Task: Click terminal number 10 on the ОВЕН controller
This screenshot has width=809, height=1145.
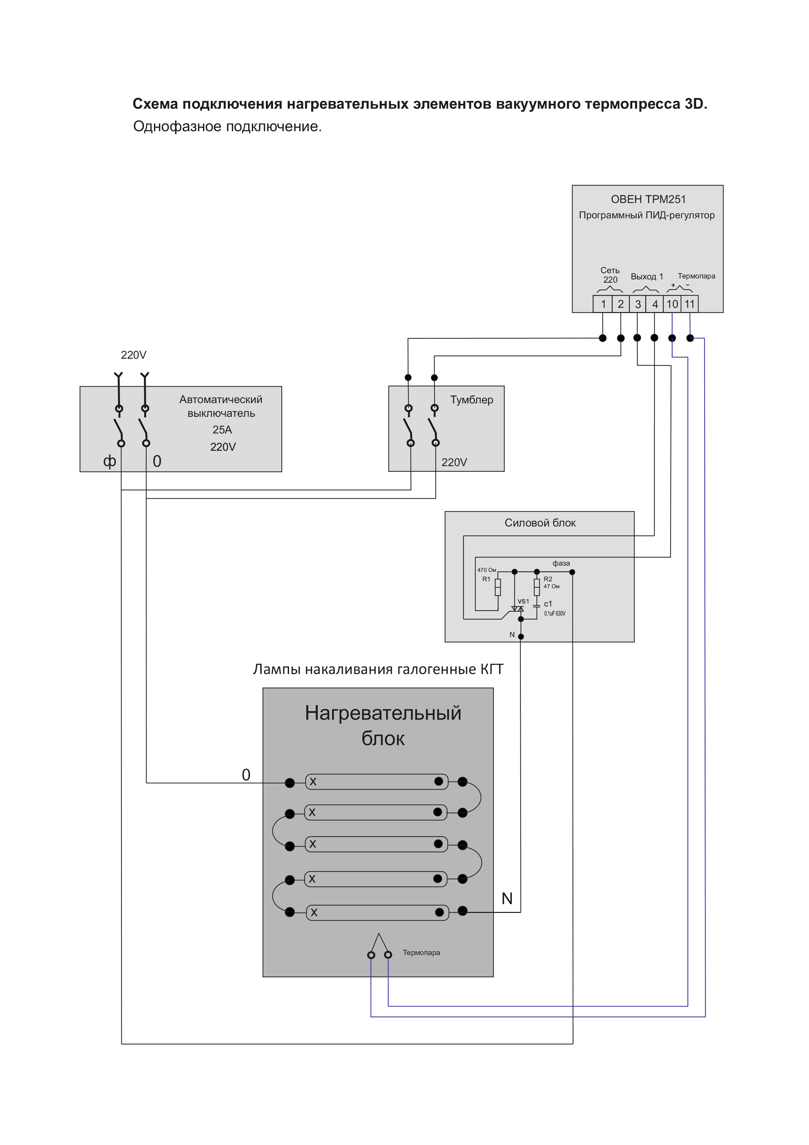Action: [x=672, y=304]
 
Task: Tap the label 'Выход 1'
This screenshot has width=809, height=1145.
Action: [x=647, y=276]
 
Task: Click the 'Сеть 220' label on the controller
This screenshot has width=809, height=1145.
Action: [x=610, y=275]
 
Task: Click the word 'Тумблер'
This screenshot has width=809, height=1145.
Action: [x=472, y=400]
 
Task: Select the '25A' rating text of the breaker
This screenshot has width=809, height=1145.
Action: [x=222, y=430]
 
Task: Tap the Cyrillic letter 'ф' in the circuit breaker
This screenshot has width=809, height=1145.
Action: [x=110, y=461]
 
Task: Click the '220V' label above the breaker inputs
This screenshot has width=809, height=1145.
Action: [x=134, y=355]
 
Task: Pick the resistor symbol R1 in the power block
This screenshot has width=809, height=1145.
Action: [x=497, y=587]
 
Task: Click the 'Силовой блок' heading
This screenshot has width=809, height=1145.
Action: [x=540, y=523]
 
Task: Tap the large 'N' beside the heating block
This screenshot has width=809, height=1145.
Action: [x=507, y=899]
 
